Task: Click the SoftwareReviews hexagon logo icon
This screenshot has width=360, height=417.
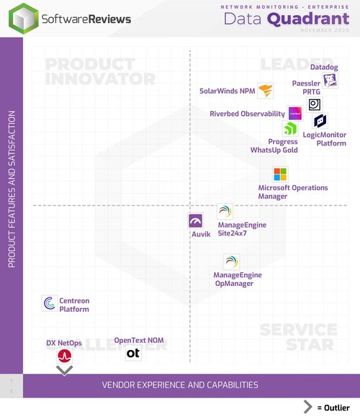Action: pos(23,18)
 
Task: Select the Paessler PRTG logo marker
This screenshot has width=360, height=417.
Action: pos(315,104)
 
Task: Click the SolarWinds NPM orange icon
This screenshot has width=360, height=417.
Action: pos(266,91)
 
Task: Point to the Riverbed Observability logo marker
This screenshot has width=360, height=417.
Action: pos(294,113)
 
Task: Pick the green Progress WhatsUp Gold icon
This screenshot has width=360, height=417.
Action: pos(289,129)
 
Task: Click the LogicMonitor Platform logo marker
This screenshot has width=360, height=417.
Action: pos(320,121)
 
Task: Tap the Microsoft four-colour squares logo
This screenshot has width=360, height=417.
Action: pos(280,174)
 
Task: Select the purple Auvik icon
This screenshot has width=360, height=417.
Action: pos(196,221)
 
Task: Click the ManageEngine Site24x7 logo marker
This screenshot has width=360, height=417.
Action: pos(225,212)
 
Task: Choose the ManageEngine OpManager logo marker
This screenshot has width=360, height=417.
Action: pos(230,261)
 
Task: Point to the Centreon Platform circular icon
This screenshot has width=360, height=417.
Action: pos(50,303)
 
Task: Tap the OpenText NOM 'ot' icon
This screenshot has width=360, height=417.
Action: pos(133,353)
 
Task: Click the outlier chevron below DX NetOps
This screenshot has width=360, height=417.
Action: pos(65,369)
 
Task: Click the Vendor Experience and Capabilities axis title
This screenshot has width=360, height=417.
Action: pos(179,385)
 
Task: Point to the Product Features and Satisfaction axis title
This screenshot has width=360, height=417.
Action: pos(12,189)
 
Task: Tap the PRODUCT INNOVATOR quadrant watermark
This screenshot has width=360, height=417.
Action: pos(99,71)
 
